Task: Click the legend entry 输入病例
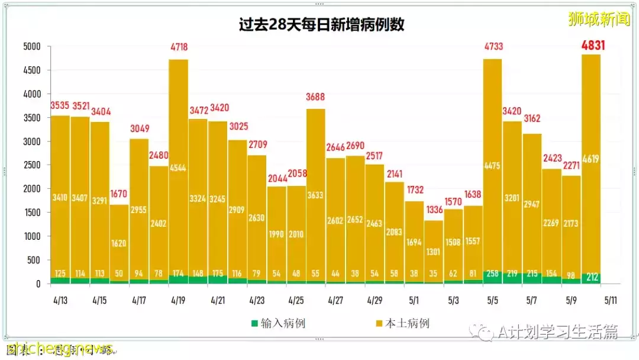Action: (278, 323)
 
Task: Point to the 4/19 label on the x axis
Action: (178, 300)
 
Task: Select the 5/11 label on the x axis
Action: (611, 300)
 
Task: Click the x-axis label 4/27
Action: (335, 300)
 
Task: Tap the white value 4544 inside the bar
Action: (178, 167)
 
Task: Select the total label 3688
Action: (315, 97)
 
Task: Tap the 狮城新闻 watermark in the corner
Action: (599, 20)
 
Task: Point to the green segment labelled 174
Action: (178, 279)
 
